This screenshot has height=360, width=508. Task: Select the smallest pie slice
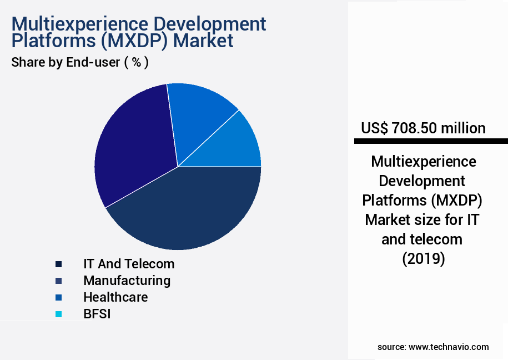click(x=239, y=144)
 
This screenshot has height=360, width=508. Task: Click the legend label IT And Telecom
click(x=129, y=264)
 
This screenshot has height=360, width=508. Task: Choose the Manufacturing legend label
click(x=127, y=281)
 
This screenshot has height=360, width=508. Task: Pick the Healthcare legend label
click(x=115, y=297)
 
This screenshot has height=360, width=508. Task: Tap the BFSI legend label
click(x=97, y=314)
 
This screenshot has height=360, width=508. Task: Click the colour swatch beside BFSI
click(x=58, y=314)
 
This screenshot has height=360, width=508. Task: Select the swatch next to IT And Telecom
click(x=58, y=264)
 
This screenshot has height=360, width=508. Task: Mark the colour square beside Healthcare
click(x=58, y=298)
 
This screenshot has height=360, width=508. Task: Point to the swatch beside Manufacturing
click(x=58, y=281)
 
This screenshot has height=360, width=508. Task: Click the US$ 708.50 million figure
click(x=423, y=128)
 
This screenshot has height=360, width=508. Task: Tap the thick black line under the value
click(x=431, y=141)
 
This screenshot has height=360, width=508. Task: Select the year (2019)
click(x=423, y=259)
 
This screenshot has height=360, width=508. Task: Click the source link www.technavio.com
click(x=449, y=347)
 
